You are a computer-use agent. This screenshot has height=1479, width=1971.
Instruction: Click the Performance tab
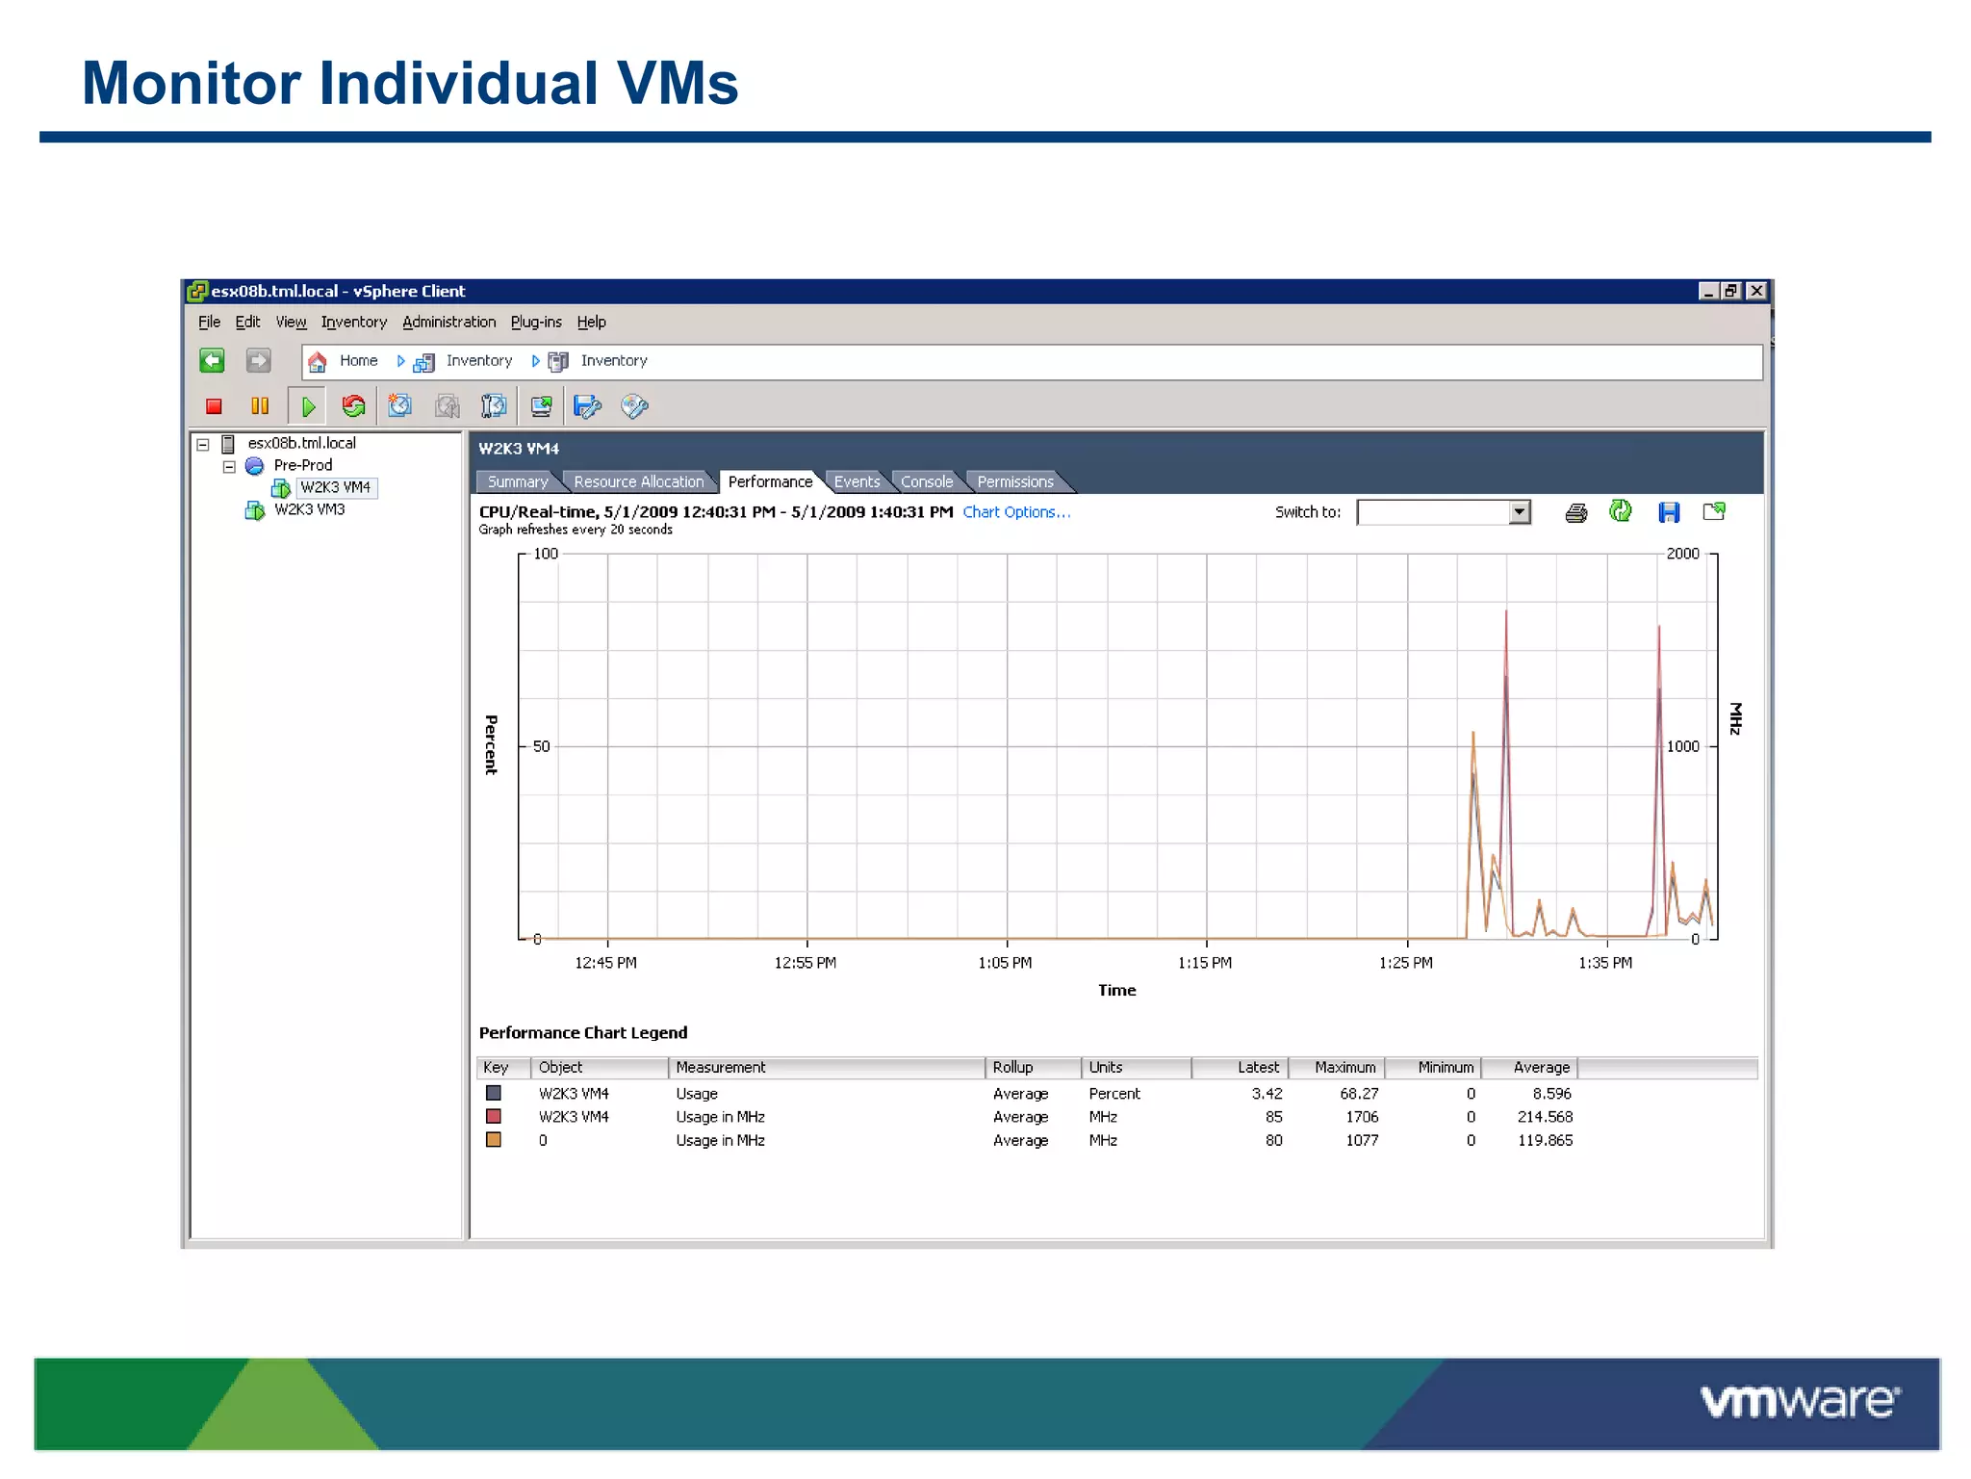point(770,481)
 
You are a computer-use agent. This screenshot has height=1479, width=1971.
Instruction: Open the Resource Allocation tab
point(638,481)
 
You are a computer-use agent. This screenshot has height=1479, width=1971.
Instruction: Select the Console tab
point(926,481)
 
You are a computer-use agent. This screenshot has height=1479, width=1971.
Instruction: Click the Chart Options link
point(1016,512)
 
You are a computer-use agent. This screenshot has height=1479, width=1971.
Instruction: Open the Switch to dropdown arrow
point(1519,512)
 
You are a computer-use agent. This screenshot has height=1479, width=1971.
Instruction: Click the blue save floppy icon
point(1669,512)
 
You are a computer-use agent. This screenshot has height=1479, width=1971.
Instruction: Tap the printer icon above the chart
point(1575,512)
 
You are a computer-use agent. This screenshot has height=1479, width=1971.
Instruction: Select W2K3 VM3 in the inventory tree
point(309,509)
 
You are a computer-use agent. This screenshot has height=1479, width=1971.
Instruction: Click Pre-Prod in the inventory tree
point(302,465)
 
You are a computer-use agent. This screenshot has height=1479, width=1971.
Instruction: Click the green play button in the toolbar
point(308,406)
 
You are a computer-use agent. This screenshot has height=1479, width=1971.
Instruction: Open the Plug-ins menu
point(536,322)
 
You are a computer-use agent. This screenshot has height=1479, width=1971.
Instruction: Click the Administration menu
point(448,322)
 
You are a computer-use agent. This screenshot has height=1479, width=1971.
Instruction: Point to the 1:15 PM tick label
point(1205,963)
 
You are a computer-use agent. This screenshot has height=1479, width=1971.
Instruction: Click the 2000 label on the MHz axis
point(1682,554)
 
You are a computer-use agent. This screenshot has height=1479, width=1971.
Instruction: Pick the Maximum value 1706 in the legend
point(1362,1117)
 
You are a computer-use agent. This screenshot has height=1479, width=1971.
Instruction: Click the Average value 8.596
point(1551,1094)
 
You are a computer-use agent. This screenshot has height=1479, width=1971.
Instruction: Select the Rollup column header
point(1012,1067)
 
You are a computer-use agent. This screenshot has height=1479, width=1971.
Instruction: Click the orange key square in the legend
point(494,1140)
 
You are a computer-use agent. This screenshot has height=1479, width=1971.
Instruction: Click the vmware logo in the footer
point(1800,1402)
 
